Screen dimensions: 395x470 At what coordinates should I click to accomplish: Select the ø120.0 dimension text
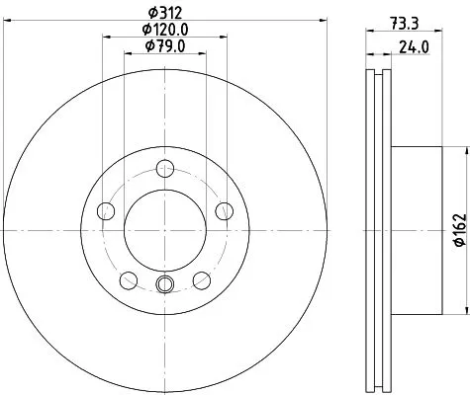click(163, 30)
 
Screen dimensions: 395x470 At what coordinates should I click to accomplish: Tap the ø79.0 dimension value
click(163, 46)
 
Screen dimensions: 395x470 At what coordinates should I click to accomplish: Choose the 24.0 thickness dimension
click(407, 45)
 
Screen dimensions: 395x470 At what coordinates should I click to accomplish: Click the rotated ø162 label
click(458, 230)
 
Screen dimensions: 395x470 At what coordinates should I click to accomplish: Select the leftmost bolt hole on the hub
click(105, 209)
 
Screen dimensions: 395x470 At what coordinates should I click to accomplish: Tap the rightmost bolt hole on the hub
click(224, 209)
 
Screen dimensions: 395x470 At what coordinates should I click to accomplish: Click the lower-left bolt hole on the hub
click(128, 279)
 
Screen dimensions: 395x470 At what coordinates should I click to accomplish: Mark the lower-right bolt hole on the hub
click(201, 279)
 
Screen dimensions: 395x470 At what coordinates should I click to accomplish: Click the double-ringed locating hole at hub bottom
click(164, 286)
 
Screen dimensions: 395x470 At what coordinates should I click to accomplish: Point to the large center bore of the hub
click(164, 230)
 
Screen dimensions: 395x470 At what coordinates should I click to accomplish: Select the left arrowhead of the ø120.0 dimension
click(106, 39)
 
